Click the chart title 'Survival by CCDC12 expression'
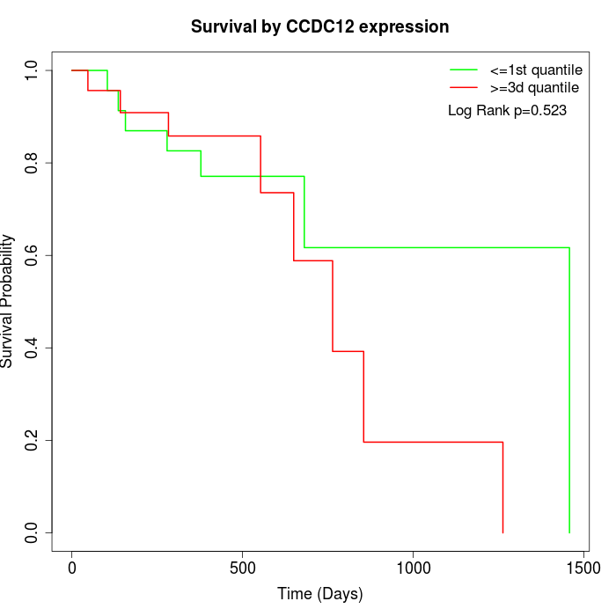point(320,27)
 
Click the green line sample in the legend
point(464,70)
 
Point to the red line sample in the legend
point(464,88)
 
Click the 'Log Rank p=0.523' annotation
point(507,111)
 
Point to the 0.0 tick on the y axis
point(32,532)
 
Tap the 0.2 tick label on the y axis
point(32,440)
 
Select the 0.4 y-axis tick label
point(32,348)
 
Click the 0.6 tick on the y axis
point(32,255)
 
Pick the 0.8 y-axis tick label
point(32,163)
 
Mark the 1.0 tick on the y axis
point(32,70)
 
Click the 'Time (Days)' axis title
point(320,594)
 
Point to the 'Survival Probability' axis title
point(9,301)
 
